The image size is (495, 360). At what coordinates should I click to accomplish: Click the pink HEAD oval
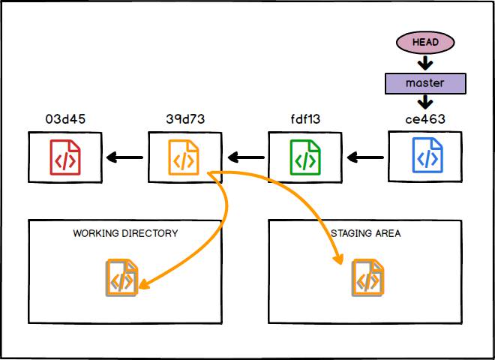[x=424, y=42]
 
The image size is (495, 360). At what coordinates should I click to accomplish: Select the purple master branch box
[x=424, y=82]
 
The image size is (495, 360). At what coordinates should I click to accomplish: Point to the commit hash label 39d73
[x=184, y=118]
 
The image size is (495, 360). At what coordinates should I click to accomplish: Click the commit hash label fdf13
[x=304, y=118]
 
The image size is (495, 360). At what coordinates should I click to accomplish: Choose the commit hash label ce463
[x=425, y=118]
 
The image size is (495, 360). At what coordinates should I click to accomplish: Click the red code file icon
[x=64, y=157]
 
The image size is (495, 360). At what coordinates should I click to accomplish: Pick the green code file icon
[x=305, y=157]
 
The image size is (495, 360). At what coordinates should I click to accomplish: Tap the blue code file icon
[x=426, y=157]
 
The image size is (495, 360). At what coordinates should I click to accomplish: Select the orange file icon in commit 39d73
[x=184, y=157]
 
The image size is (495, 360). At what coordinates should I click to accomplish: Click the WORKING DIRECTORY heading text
[x=125, y=233]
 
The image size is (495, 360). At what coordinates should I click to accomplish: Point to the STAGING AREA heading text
[x=366, y=233]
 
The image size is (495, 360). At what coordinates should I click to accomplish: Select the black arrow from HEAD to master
[x=424, y=63]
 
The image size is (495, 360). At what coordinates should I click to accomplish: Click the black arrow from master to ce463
[x=424, y=103]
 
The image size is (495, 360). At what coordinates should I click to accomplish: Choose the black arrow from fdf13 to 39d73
[x=245, y=157]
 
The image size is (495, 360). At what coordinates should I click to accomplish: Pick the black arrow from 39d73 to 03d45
[x=124, y=157]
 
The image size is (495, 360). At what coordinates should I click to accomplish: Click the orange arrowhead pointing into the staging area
[x=339, y=259]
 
